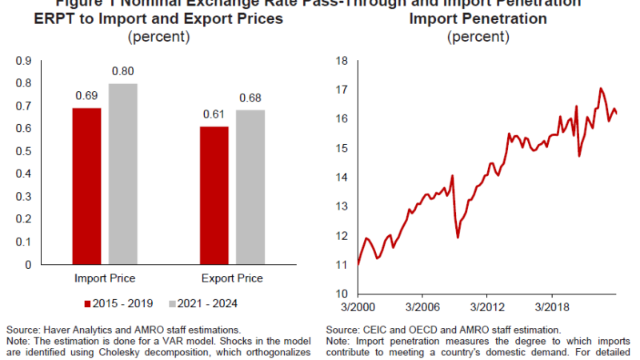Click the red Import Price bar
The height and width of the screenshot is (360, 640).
86,186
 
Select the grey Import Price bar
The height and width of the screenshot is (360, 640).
124,174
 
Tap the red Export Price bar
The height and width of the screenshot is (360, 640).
214,195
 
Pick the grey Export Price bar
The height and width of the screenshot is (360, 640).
251,187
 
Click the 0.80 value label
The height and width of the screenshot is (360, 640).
124,71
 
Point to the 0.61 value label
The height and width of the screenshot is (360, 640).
214,114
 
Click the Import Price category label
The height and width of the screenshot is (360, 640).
105,278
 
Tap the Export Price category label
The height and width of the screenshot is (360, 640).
233,278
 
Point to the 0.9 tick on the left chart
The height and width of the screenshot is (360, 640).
24,60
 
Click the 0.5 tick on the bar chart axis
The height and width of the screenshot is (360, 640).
24,151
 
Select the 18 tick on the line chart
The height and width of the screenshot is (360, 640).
341,60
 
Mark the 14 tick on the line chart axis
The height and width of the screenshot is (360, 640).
341,177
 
